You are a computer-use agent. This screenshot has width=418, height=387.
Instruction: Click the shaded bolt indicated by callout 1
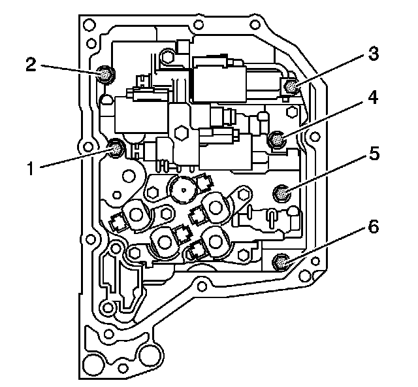tap(117, 148)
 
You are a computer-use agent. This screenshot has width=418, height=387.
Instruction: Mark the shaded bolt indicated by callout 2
tap(104, 74)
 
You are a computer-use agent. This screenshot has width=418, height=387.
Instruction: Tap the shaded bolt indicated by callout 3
tap(291, 86)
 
